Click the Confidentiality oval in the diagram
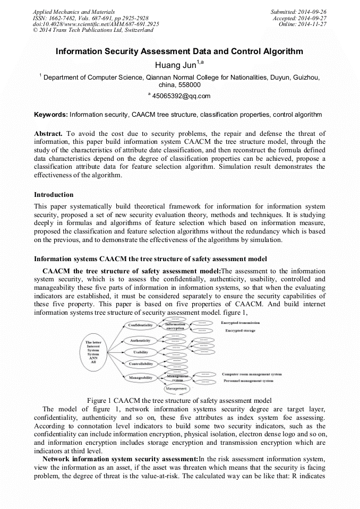[x=141, y=325]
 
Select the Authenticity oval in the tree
[x=141, y=340]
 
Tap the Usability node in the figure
[x=141, y=352]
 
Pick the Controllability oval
[x=141, y=364]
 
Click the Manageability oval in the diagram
[x=141, y=378]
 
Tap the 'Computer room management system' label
[x=252, y=374]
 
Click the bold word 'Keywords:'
[x=51, y=115]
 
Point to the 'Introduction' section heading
[x=54, y=195]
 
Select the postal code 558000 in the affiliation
[x=190, y=85]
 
